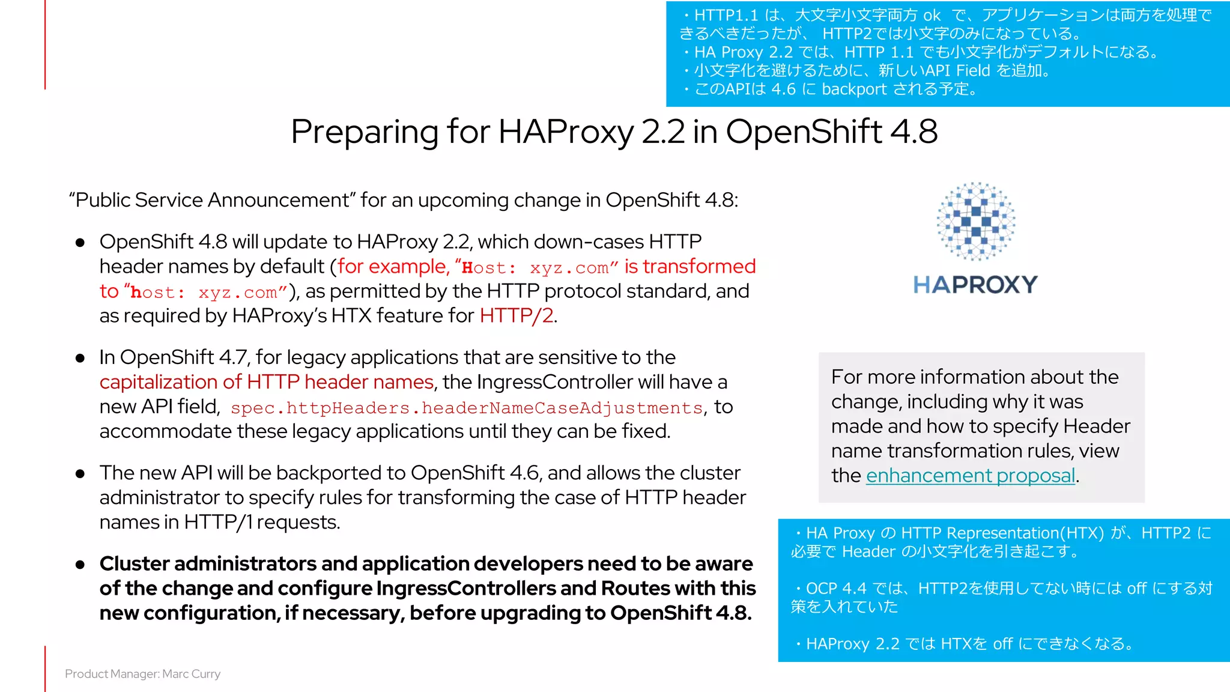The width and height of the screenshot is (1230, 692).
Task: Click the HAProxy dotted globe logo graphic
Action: pyautogui.click(x=976, y=221)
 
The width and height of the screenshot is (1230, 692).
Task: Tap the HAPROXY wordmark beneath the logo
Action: pyautogui.click(x=975, y=285)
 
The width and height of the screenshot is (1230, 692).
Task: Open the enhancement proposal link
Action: pyautogui.click(x=971, y=476)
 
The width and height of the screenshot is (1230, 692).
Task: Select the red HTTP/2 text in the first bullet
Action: pyautogui.click(x=517, y=316)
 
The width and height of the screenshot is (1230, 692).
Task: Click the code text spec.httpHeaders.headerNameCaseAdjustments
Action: pyautogui.click(x=467, y=408)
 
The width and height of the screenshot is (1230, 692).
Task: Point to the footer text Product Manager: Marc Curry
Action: pyautogui.click(x=143, y=674)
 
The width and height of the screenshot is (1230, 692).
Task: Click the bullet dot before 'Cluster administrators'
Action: pyautogui.click(x=80, y=565)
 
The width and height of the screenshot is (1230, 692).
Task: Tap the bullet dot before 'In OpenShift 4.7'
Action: pyautogui.click(x=80, y=359)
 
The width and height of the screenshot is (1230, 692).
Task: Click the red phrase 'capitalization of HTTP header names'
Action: pyautogui.click(x=267, y=382)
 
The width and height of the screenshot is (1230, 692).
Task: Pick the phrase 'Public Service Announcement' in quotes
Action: pyautogui.click(x=213, y=200)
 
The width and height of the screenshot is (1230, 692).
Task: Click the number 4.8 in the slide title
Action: pyautogui.click(x=913, y=132)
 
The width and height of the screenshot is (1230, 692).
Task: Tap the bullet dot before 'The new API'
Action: pyautogui.click(x=80, y=474)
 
